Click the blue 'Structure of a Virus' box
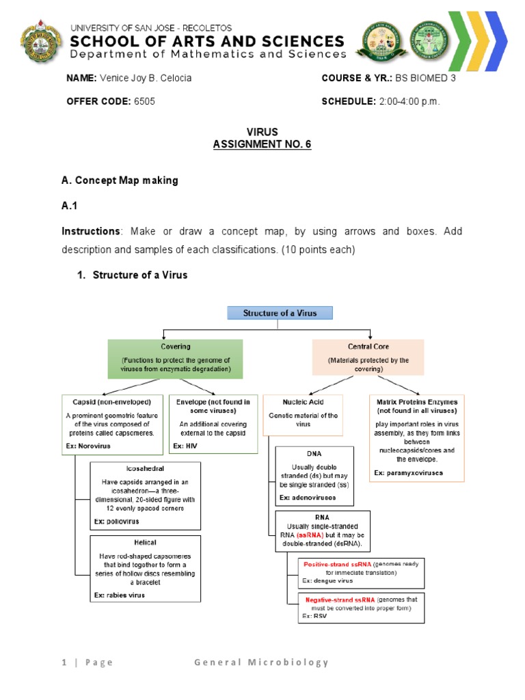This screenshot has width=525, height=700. click(280, 313)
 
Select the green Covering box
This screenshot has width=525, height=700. click(176, 358)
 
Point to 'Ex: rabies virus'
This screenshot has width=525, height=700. click(120, 595)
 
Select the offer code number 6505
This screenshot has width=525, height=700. click(144, 101)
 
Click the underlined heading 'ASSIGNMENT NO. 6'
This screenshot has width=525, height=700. click(262, 144)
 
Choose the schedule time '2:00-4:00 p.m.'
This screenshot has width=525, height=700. click(409, 101)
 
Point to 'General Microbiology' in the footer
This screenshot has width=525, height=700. click(261, 662)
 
